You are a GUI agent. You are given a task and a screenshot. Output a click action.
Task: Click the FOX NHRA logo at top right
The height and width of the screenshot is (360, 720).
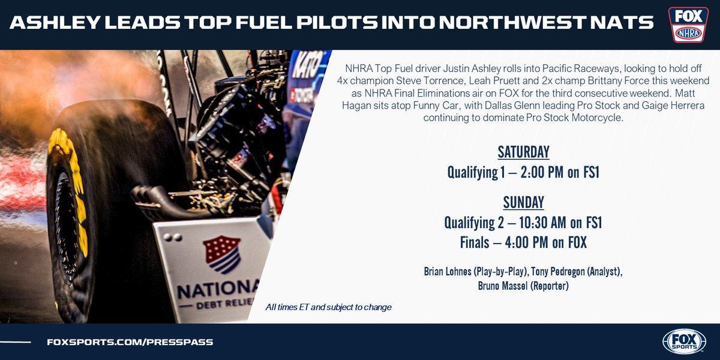coord(688,25)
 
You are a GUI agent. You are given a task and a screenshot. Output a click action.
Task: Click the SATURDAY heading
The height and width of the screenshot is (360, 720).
coord(524,152)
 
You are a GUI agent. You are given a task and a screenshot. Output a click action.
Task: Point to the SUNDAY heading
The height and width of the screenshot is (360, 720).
coord(524,202)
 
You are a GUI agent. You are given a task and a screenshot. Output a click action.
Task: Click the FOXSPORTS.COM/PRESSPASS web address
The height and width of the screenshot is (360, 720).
coord(130,342)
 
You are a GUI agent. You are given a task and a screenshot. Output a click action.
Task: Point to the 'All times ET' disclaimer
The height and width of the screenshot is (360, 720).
coord(328,307)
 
